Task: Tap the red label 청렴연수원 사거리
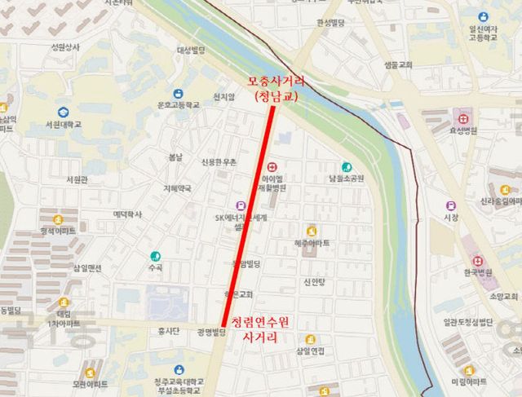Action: click(x=260, y=329)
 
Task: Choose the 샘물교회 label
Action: click(x=397, y=64)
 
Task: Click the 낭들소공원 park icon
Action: click(x=347, y=166)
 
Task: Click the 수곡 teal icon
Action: click(x=154, y=255)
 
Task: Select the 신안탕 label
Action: click(x=314, y=283)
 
